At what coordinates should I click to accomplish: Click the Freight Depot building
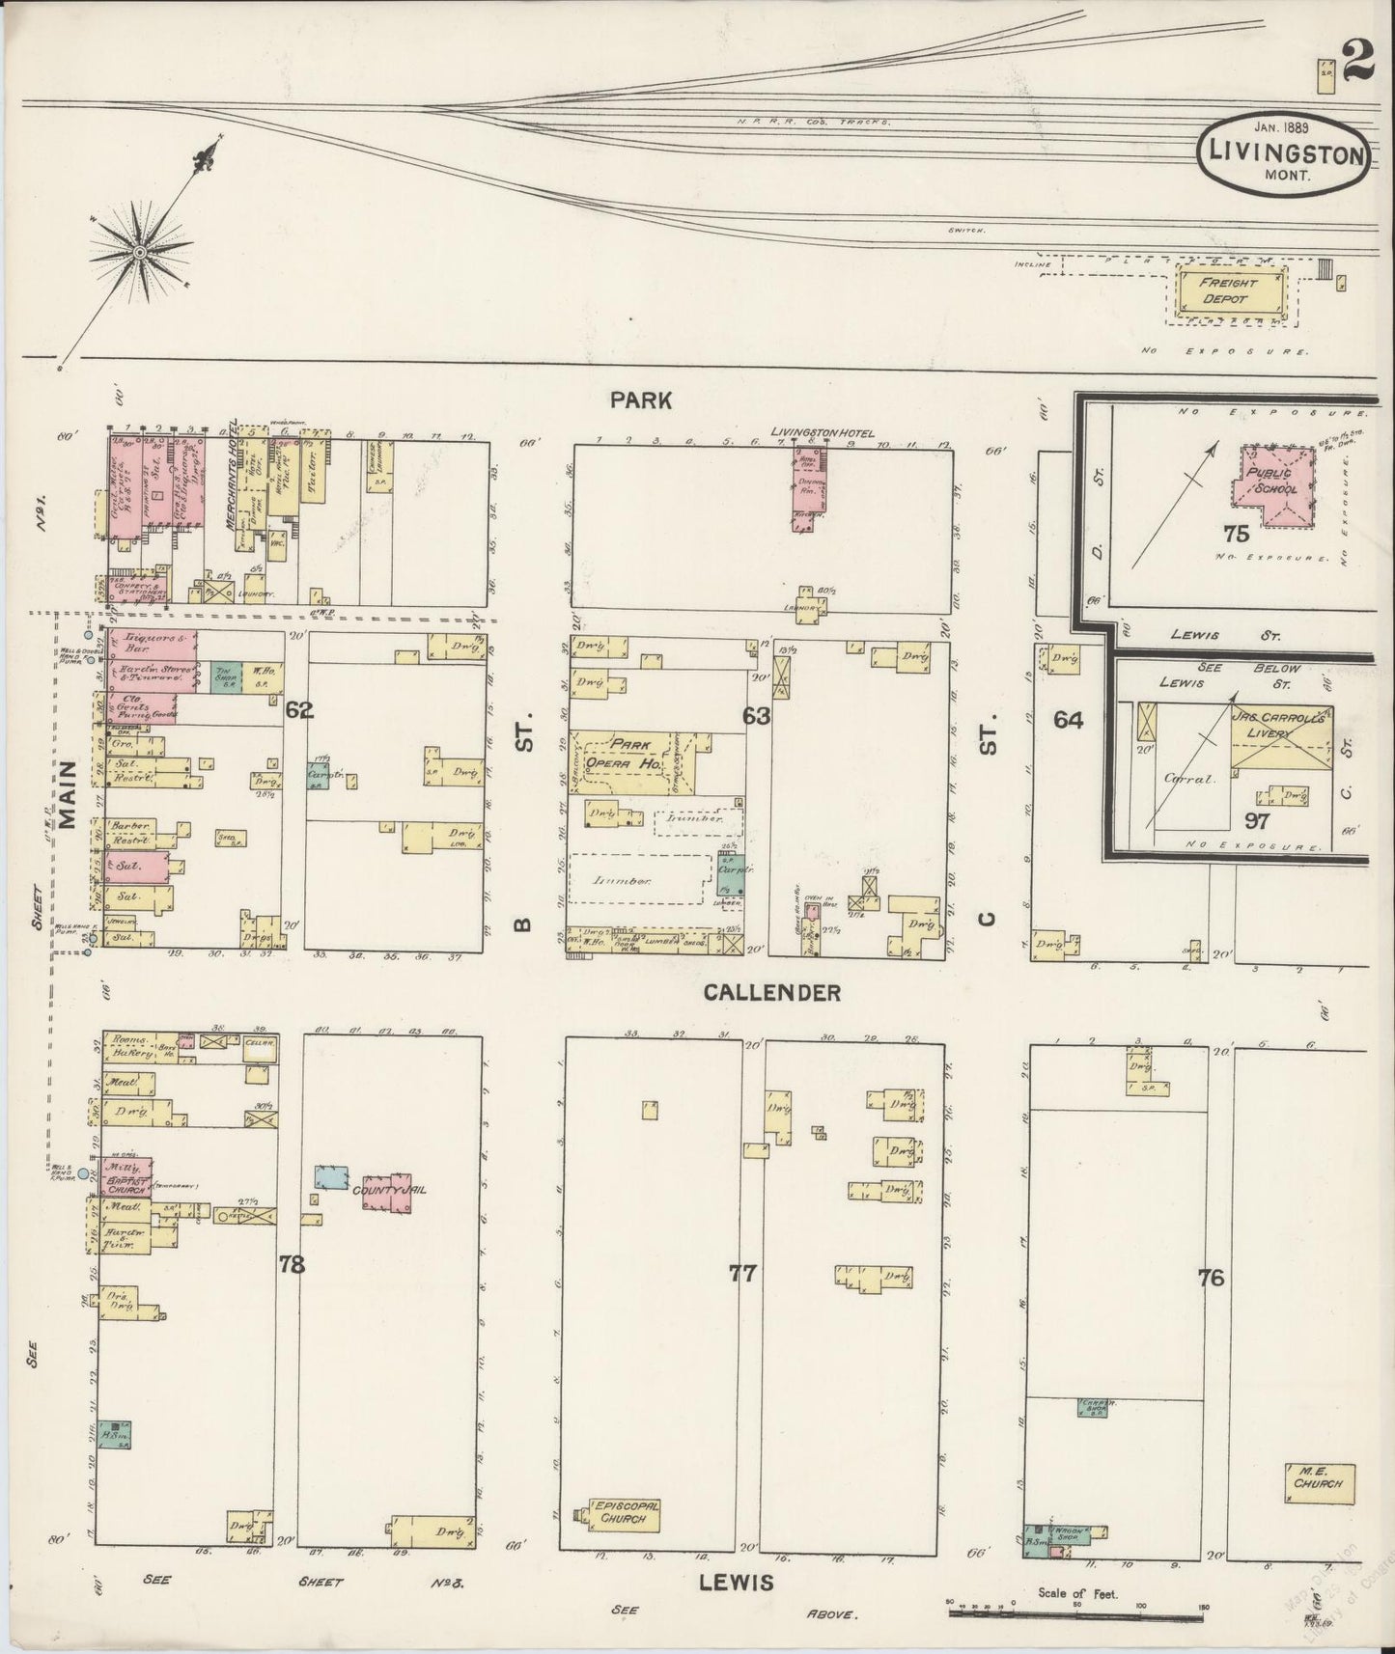[1230, 291]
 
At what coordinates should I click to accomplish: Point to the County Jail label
[388, 1190]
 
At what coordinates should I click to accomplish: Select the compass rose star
[141, 253]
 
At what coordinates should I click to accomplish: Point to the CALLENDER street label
[771, 992]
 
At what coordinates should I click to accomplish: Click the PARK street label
[640, 400]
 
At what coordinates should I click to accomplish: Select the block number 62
[299, 711]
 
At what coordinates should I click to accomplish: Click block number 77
[741, 1274]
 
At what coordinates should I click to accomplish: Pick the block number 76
[1211, 1278]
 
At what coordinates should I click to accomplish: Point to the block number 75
[1236, 533]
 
